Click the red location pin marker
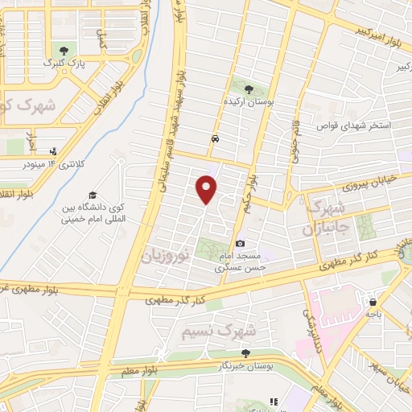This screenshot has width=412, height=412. pos(208,189)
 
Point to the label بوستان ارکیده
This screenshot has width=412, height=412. pos(248,102)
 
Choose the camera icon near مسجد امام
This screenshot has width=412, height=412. pos(240,243)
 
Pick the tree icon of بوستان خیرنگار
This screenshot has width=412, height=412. pos(247,352)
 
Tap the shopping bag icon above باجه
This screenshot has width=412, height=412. pos(373,303)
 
